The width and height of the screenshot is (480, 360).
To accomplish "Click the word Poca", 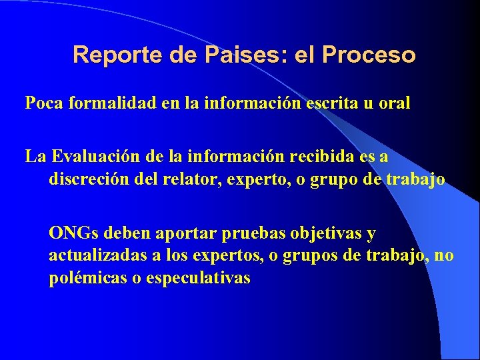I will [43, 103].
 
